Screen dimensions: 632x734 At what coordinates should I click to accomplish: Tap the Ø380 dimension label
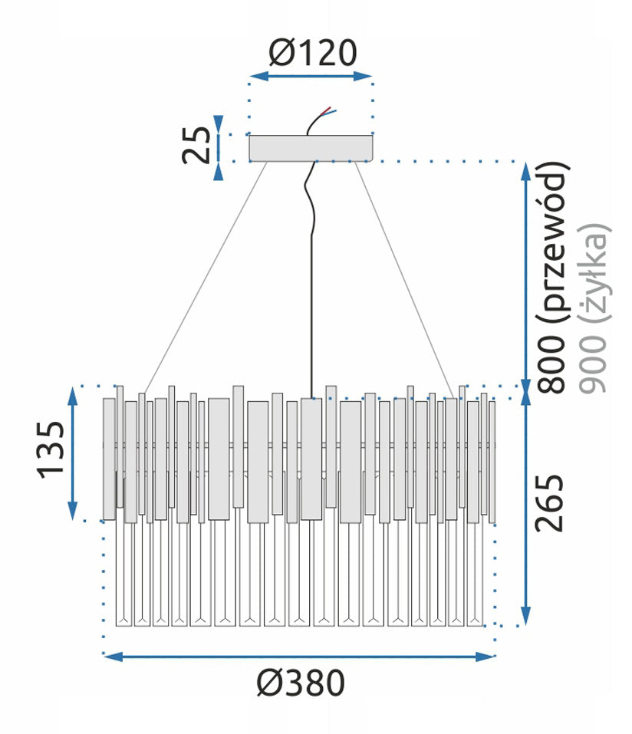301,683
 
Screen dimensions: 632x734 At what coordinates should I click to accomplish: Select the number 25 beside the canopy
196,145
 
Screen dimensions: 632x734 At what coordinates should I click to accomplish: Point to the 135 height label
51,450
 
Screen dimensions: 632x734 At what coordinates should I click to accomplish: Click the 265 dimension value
550,503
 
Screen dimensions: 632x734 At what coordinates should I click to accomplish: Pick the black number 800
551,364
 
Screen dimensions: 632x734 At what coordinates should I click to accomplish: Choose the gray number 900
593,364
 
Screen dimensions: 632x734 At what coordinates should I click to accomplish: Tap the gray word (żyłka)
595,273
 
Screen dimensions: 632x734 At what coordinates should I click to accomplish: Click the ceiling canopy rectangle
311,148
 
